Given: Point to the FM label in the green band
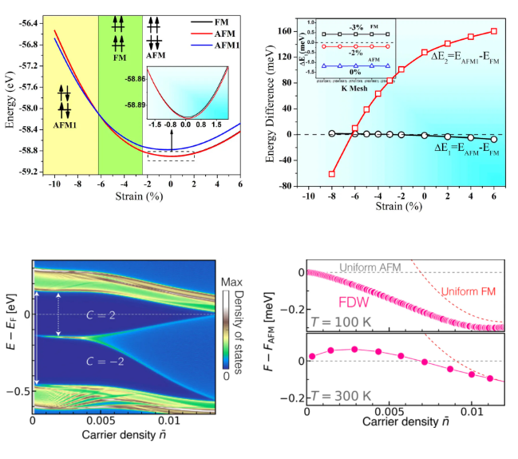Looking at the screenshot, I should [120, 58].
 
